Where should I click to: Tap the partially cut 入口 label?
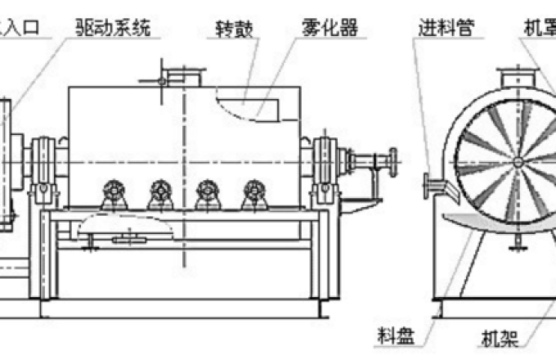tap(25, 31)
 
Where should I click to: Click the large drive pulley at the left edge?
tap(7, 164)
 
